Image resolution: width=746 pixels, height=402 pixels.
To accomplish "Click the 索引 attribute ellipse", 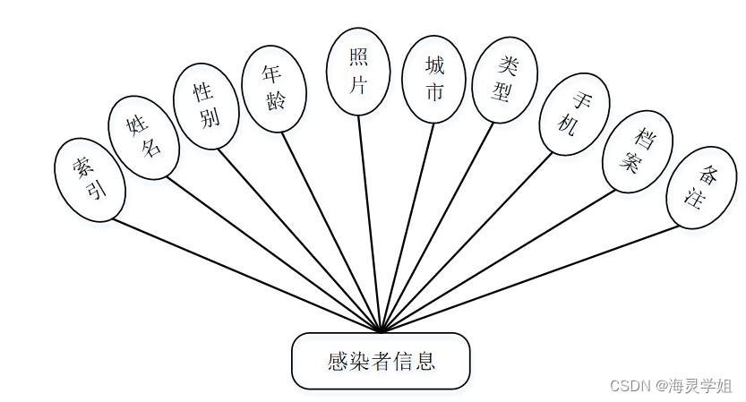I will pos(90,179).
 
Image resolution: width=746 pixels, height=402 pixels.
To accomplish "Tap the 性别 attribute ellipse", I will pos(206,106).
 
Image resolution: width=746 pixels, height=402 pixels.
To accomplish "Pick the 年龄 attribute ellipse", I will pos(274,89).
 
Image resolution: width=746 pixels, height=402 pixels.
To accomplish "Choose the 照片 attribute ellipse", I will pos(357,72).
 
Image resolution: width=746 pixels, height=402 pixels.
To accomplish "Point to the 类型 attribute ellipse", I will pos(504,80).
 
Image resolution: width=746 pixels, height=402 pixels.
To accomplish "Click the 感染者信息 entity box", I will pos(381,362).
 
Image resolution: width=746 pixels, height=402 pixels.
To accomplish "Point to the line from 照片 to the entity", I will pos(370,224).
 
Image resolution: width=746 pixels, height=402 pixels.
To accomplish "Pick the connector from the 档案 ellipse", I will pos(502,260).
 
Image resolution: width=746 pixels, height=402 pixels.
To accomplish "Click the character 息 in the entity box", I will pos(425,362).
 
